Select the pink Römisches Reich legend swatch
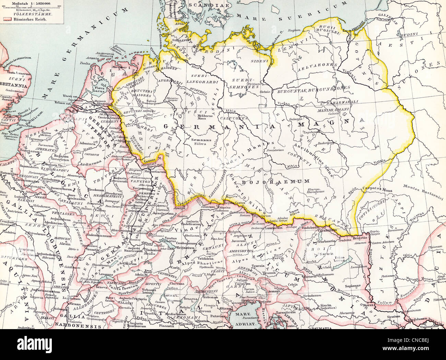[x=6, y=20]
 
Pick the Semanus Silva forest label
[x=196, y=143]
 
